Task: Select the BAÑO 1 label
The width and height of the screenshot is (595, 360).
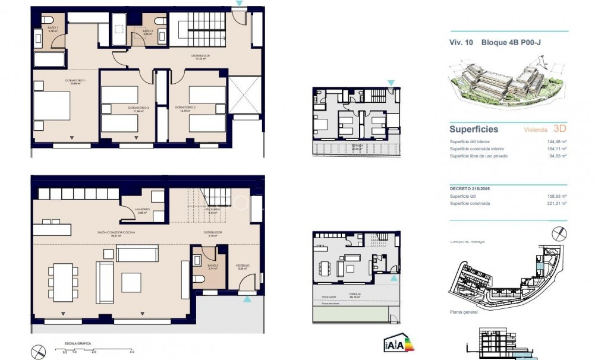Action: (x=52, y=28)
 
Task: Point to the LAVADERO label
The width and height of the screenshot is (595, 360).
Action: (x=141, y=210)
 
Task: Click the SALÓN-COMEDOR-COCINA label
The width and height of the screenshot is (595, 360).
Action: (x=113, y=233)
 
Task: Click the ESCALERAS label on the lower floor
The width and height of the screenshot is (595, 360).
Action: (x=214, y=210)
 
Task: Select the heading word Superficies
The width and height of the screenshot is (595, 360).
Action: (x=474, y=129)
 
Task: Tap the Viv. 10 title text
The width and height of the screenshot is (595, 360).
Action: (x=461, y=43)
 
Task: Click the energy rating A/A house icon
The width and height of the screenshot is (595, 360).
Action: (x=395, y=343)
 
